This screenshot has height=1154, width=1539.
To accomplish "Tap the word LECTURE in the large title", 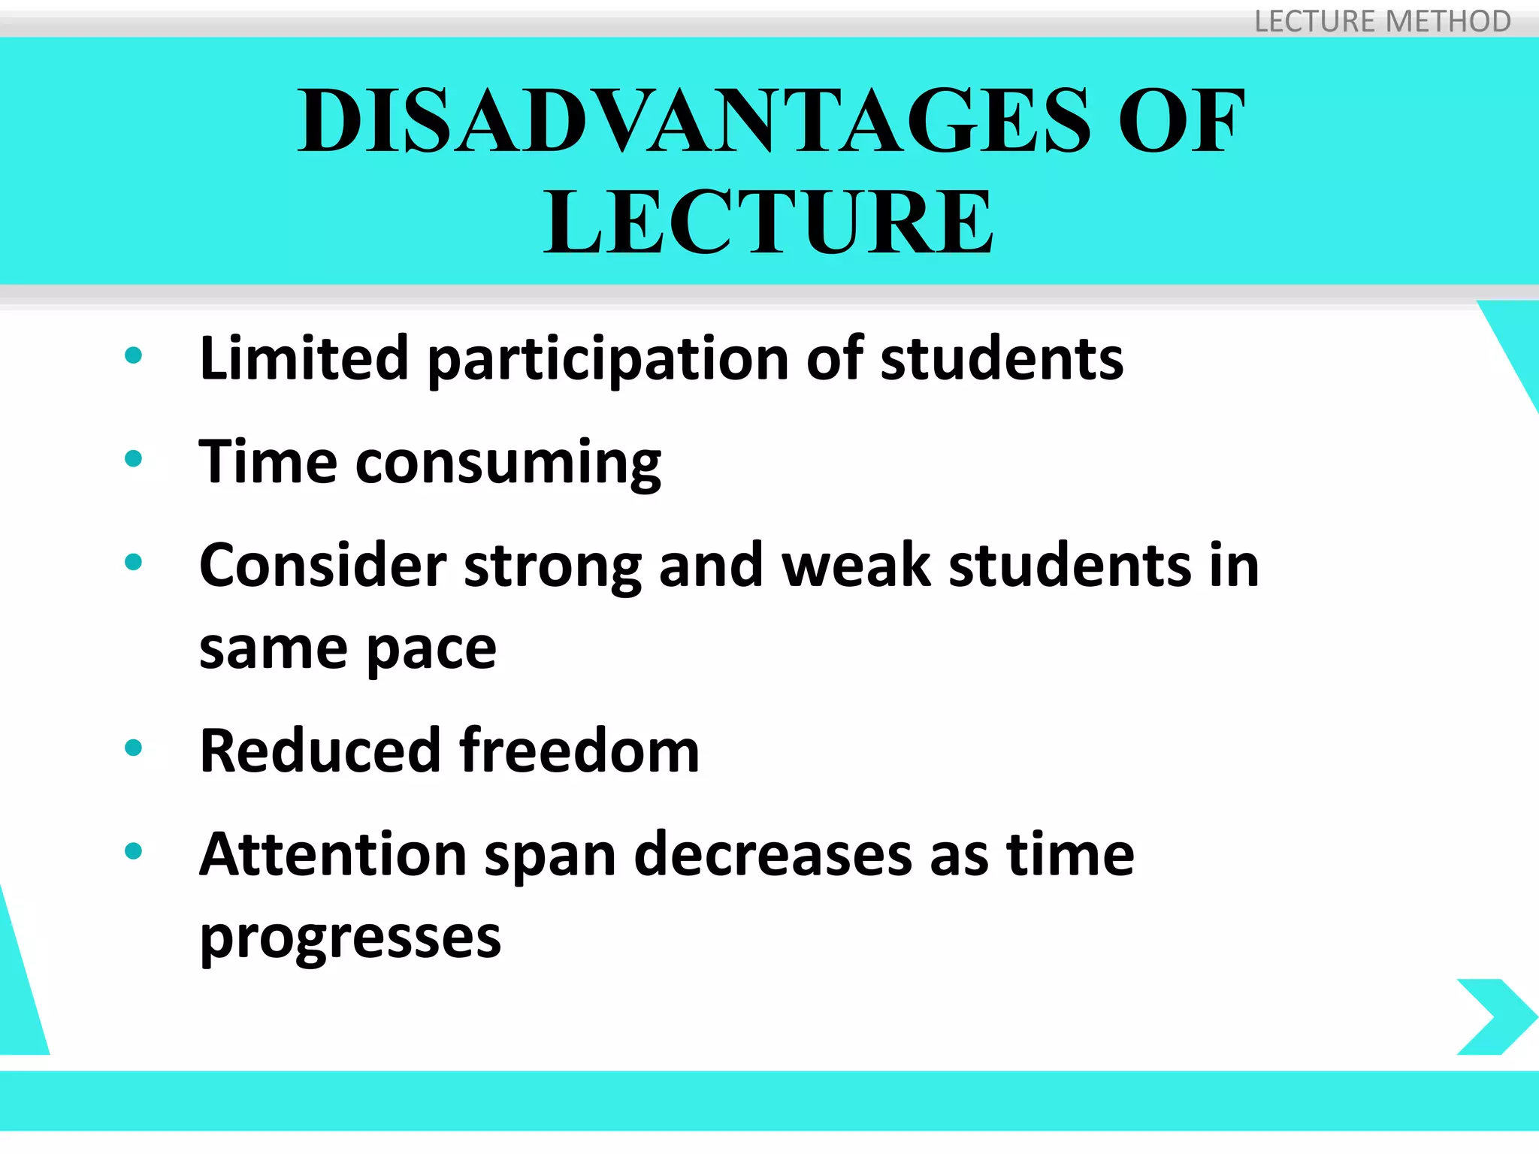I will tap(768, 222).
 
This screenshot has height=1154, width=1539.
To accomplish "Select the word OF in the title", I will tap(1181, 121).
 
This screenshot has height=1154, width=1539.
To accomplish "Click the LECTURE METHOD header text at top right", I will tap(1382, 21).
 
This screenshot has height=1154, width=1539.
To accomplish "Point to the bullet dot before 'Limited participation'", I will tap(134, 355).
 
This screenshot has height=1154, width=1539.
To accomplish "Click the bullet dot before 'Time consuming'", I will tap(134, 458).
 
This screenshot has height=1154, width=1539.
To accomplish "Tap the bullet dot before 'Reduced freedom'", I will tap(134, 748).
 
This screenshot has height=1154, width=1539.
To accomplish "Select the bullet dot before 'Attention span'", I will tap(134, 851).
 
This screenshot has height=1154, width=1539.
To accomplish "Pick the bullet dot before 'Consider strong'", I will tap(134, 562).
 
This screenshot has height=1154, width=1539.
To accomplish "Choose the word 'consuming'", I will tap(508, 463).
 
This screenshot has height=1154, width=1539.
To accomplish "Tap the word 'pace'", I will tap(431, 649).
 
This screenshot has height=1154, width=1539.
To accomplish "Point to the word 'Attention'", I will tap(333, 854).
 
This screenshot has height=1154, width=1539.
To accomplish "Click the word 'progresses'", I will tap(350, 938).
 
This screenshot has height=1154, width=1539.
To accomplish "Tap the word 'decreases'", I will tap(773, 855).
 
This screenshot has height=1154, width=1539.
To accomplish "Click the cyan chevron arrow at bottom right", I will tap(1495, 1016).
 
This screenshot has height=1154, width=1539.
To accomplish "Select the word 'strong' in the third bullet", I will tap(552, 566).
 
